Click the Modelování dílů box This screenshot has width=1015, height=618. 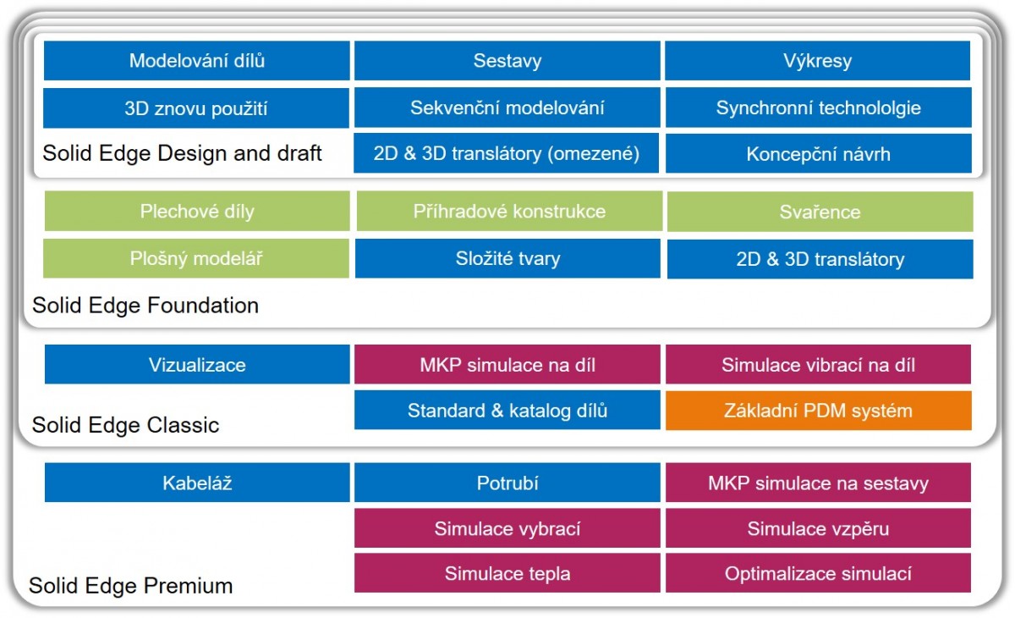point(196,61)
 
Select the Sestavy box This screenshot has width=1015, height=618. point(507,61)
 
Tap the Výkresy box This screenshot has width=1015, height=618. point(817,61)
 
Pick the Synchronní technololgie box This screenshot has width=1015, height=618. point(819,108)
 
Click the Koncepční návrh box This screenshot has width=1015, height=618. point(819,154)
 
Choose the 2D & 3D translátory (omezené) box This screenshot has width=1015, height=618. point(506,153)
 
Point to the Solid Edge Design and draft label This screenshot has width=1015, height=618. point(182,153)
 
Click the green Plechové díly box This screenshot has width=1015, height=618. point(197,212)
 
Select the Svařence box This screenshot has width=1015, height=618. point(820,212)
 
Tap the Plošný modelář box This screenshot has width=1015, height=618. point(196,258)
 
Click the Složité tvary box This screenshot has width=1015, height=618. point(507,258)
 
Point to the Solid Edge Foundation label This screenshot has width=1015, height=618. point(145,305)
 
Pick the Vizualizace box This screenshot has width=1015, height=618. point(197,365)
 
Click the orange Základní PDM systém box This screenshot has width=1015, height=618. point(819,411)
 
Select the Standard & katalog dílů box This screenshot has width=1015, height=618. point(507,411)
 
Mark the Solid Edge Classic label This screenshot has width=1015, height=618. point(125,425)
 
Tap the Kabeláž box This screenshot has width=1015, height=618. point(197,483)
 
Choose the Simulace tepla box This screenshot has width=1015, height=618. point(507,573)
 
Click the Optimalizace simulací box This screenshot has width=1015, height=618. point(818,573)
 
